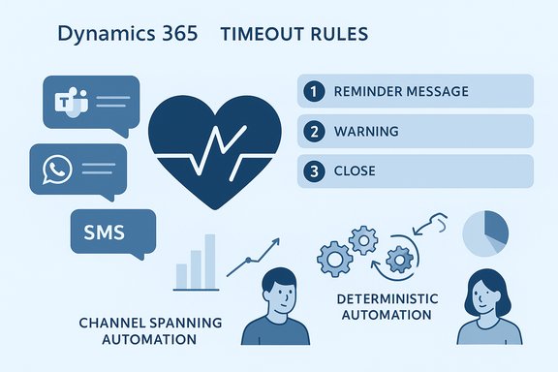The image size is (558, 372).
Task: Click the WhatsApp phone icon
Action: pyautogui.click(x=57, y=170)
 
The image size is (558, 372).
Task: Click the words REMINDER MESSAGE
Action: pyautogui.click(x=400, y=92)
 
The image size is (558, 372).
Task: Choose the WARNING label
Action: pyautogui.click(x=365, y=131)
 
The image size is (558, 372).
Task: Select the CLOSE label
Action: pyautogui.click(x=356, y=170)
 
